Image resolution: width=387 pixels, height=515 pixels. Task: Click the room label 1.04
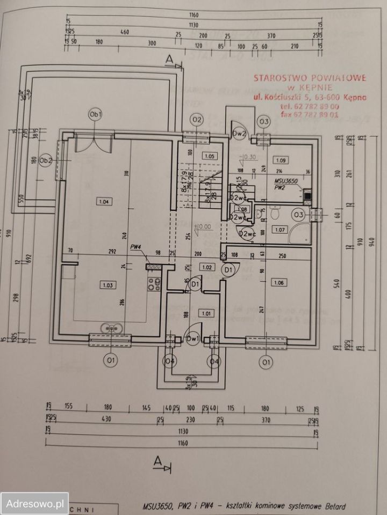pyautogui.click(x=104, y=202)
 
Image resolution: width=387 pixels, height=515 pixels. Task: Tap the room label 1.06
pyautogui.click(x=278, y=282)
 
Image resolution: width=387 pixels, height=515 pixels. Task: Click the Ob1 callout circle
pyautogui.click(x=96, y=114)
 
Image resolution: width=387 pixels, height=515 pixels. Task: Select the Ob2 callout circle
pyautogui.click(x=46, y=160)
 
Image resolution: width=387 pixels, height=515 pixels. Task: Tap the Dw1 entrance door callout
pyautogui.click(x=192, y=338)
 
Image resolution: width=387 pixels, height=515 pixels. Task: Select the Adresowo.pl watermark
pyautogui.click(x=34, y=504)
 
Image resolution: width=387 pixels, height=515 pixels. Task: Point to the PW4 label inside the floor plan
pyautogui.click(x=135, y=247)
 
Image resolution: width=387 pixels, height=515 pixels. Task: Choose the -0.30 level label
pyautogui.click(x=249, y=157)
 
